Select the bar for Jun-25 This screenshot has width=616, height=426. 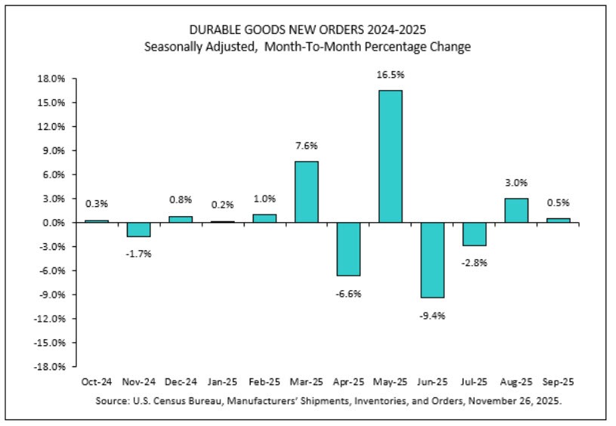pyautogui.click(x=432, y=260)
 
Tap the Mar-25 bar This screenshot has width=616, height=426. pyautogui.click(x=306, y=192)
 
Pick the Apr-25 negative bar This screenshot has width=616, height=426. pyautogui.click(x=348, y=248)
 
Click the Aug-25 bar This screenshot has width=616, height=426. pyautogui.click(x=516, y=210)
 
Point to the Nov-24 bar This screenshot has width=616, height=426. pyautogui.click(x=138, y=230)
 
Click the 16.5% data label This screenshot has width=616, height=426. pyautogui.click(x=390, y=75)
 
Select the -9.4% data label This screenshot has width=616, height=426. pyautogui.click(x=432, y=316)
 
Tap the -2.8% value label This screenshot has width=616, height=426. pyautogui.click(x=474, y=263)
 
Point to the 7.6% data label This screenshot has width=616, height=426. pyautogui.click(x=306, y=146)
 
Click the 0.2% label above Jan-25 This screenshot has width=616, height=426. pyautogui.click(x=222, y=205)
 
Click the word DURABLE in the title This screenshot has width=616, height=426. pyautogui.click(x=219, y=31)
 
